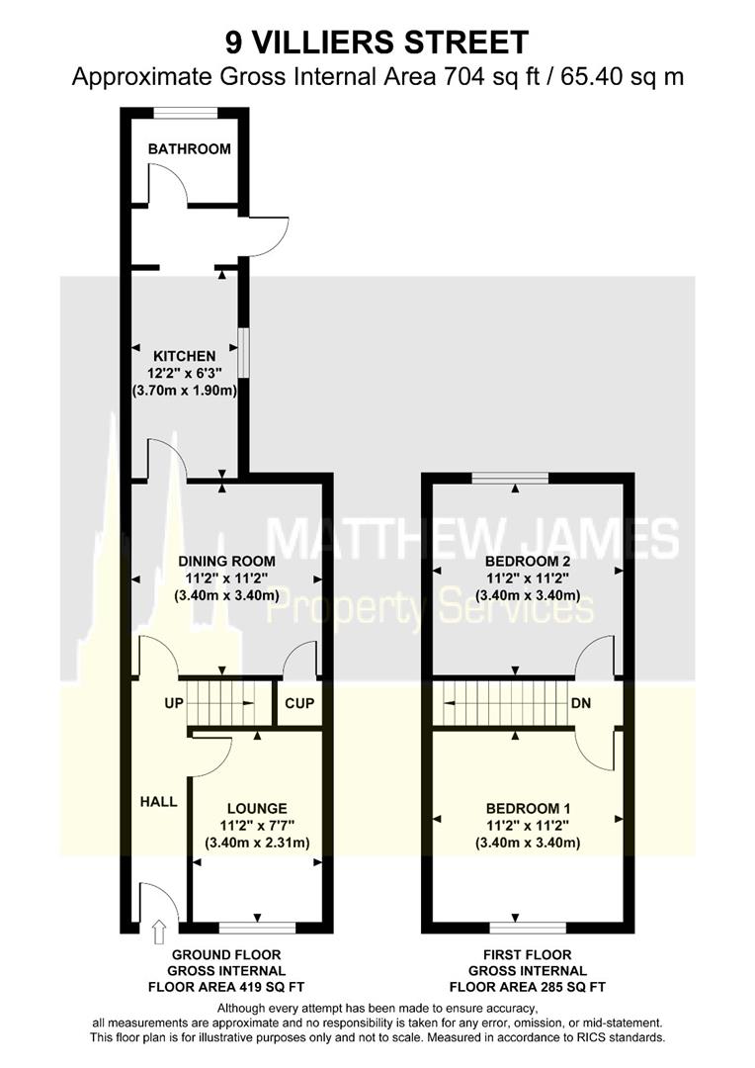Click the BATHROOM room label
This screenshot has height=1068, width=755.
(x=189, y=149)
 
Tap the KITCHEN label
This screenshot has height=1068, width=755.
(x=184, y=356)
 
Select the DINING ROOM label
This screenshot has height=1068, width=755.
(x=224, y=561)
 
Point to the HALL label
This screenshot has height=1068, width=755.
(x=158, y=801)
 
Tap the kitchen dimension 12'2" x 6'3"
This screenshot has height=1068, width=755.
(x=184, y=374)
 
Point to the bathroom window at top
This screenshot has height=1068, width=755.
(x=189, y=111)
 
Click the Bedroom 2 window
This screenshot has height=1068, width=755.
(x=510, y=479)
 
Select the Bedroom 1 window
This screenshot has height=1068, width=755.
(x=528, y=928)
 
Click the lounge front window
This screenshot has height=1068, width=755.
(x=257, y=928)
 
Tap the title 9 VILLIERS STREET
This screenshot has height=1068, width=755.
(x=377, y=43)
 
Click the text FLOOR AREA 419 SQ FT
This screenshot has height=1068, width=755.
(x=226, y=987)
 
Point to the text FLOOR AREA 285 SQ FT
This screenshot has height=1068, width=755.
(x=527, y=987)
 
